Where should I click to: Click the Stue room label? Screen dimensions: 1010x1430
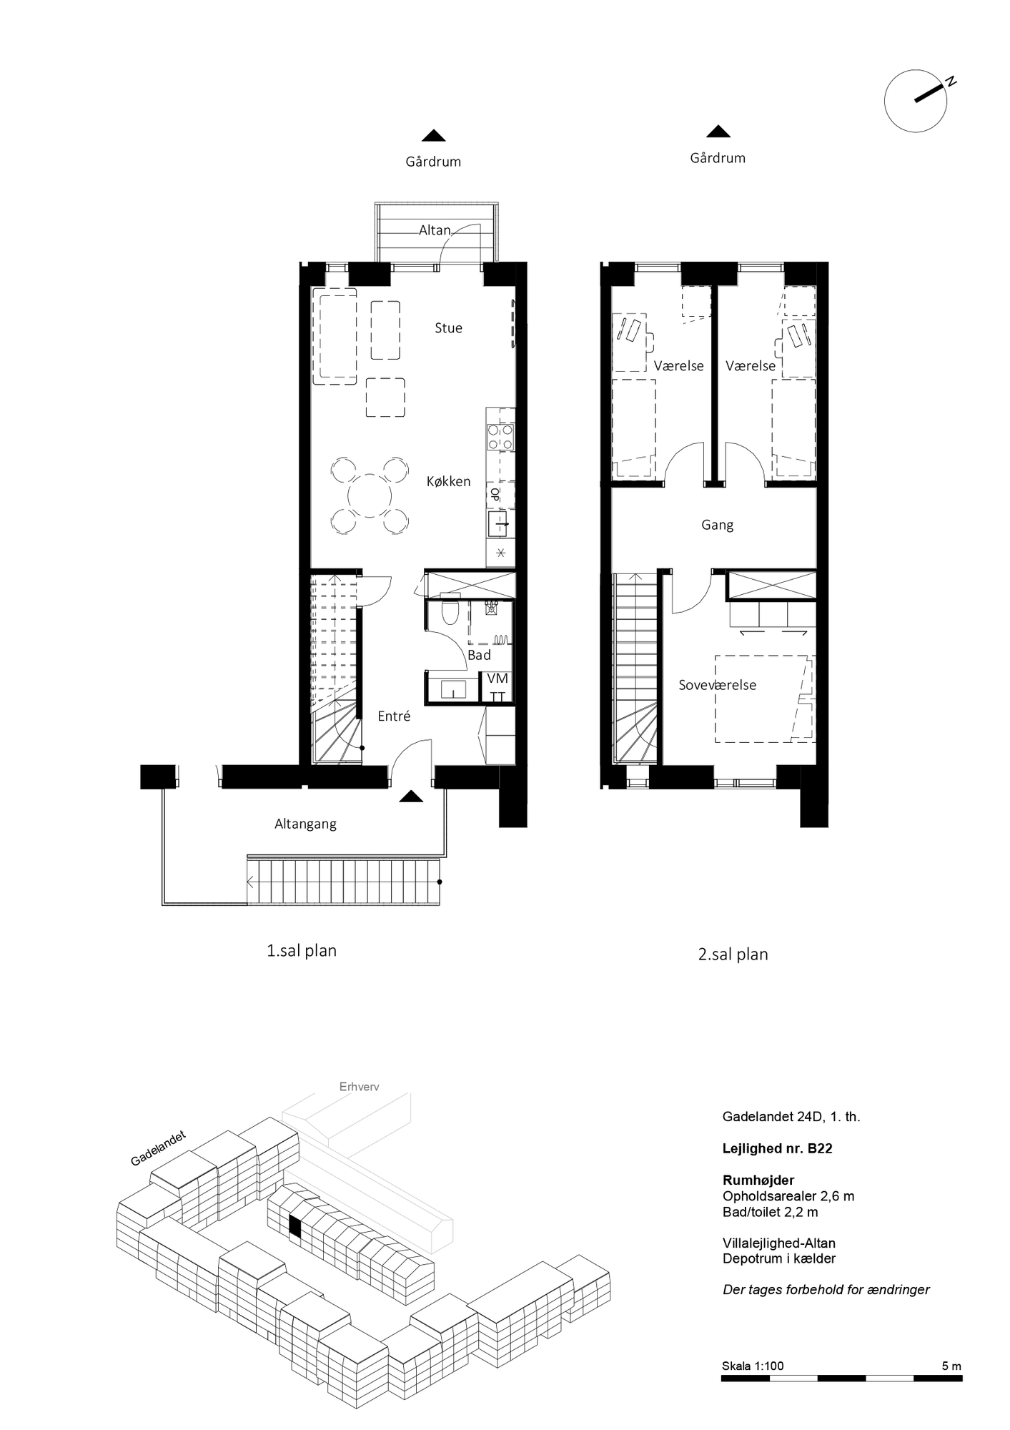coord(448,328)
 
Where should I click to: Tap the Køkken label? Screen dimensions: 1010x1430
coord(448,482)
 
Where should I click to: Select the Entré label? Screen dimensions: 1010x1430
coord(394,716)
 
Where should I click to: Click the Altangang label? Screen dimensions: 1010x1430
coord(305,824)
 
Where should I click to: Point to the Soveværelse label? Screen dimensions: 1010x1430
coord(717,685)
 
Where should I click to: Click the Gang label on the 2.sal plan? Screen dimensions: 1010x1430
coord(717,526)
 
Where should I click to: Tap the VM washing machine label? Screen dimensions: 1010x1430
coord(497,679)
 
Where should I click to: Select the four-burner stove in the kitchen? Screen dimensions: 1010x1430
coord(500,437)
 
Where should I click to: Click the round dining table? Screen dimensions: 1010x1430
coord(370,495)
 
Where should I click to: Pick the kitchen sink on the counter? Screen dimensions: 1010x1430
coord(499,524)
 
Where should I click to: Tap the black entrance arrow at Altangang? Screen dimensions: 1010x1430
coord(411,797)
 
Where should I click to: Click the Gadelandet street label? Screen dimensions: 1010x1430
coord(158,1148)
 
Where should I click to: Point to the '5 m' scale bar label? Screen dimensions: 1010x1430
coord(951,1366)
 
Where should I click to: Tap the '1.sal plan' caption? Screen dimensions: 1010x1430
coord(301,951)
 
